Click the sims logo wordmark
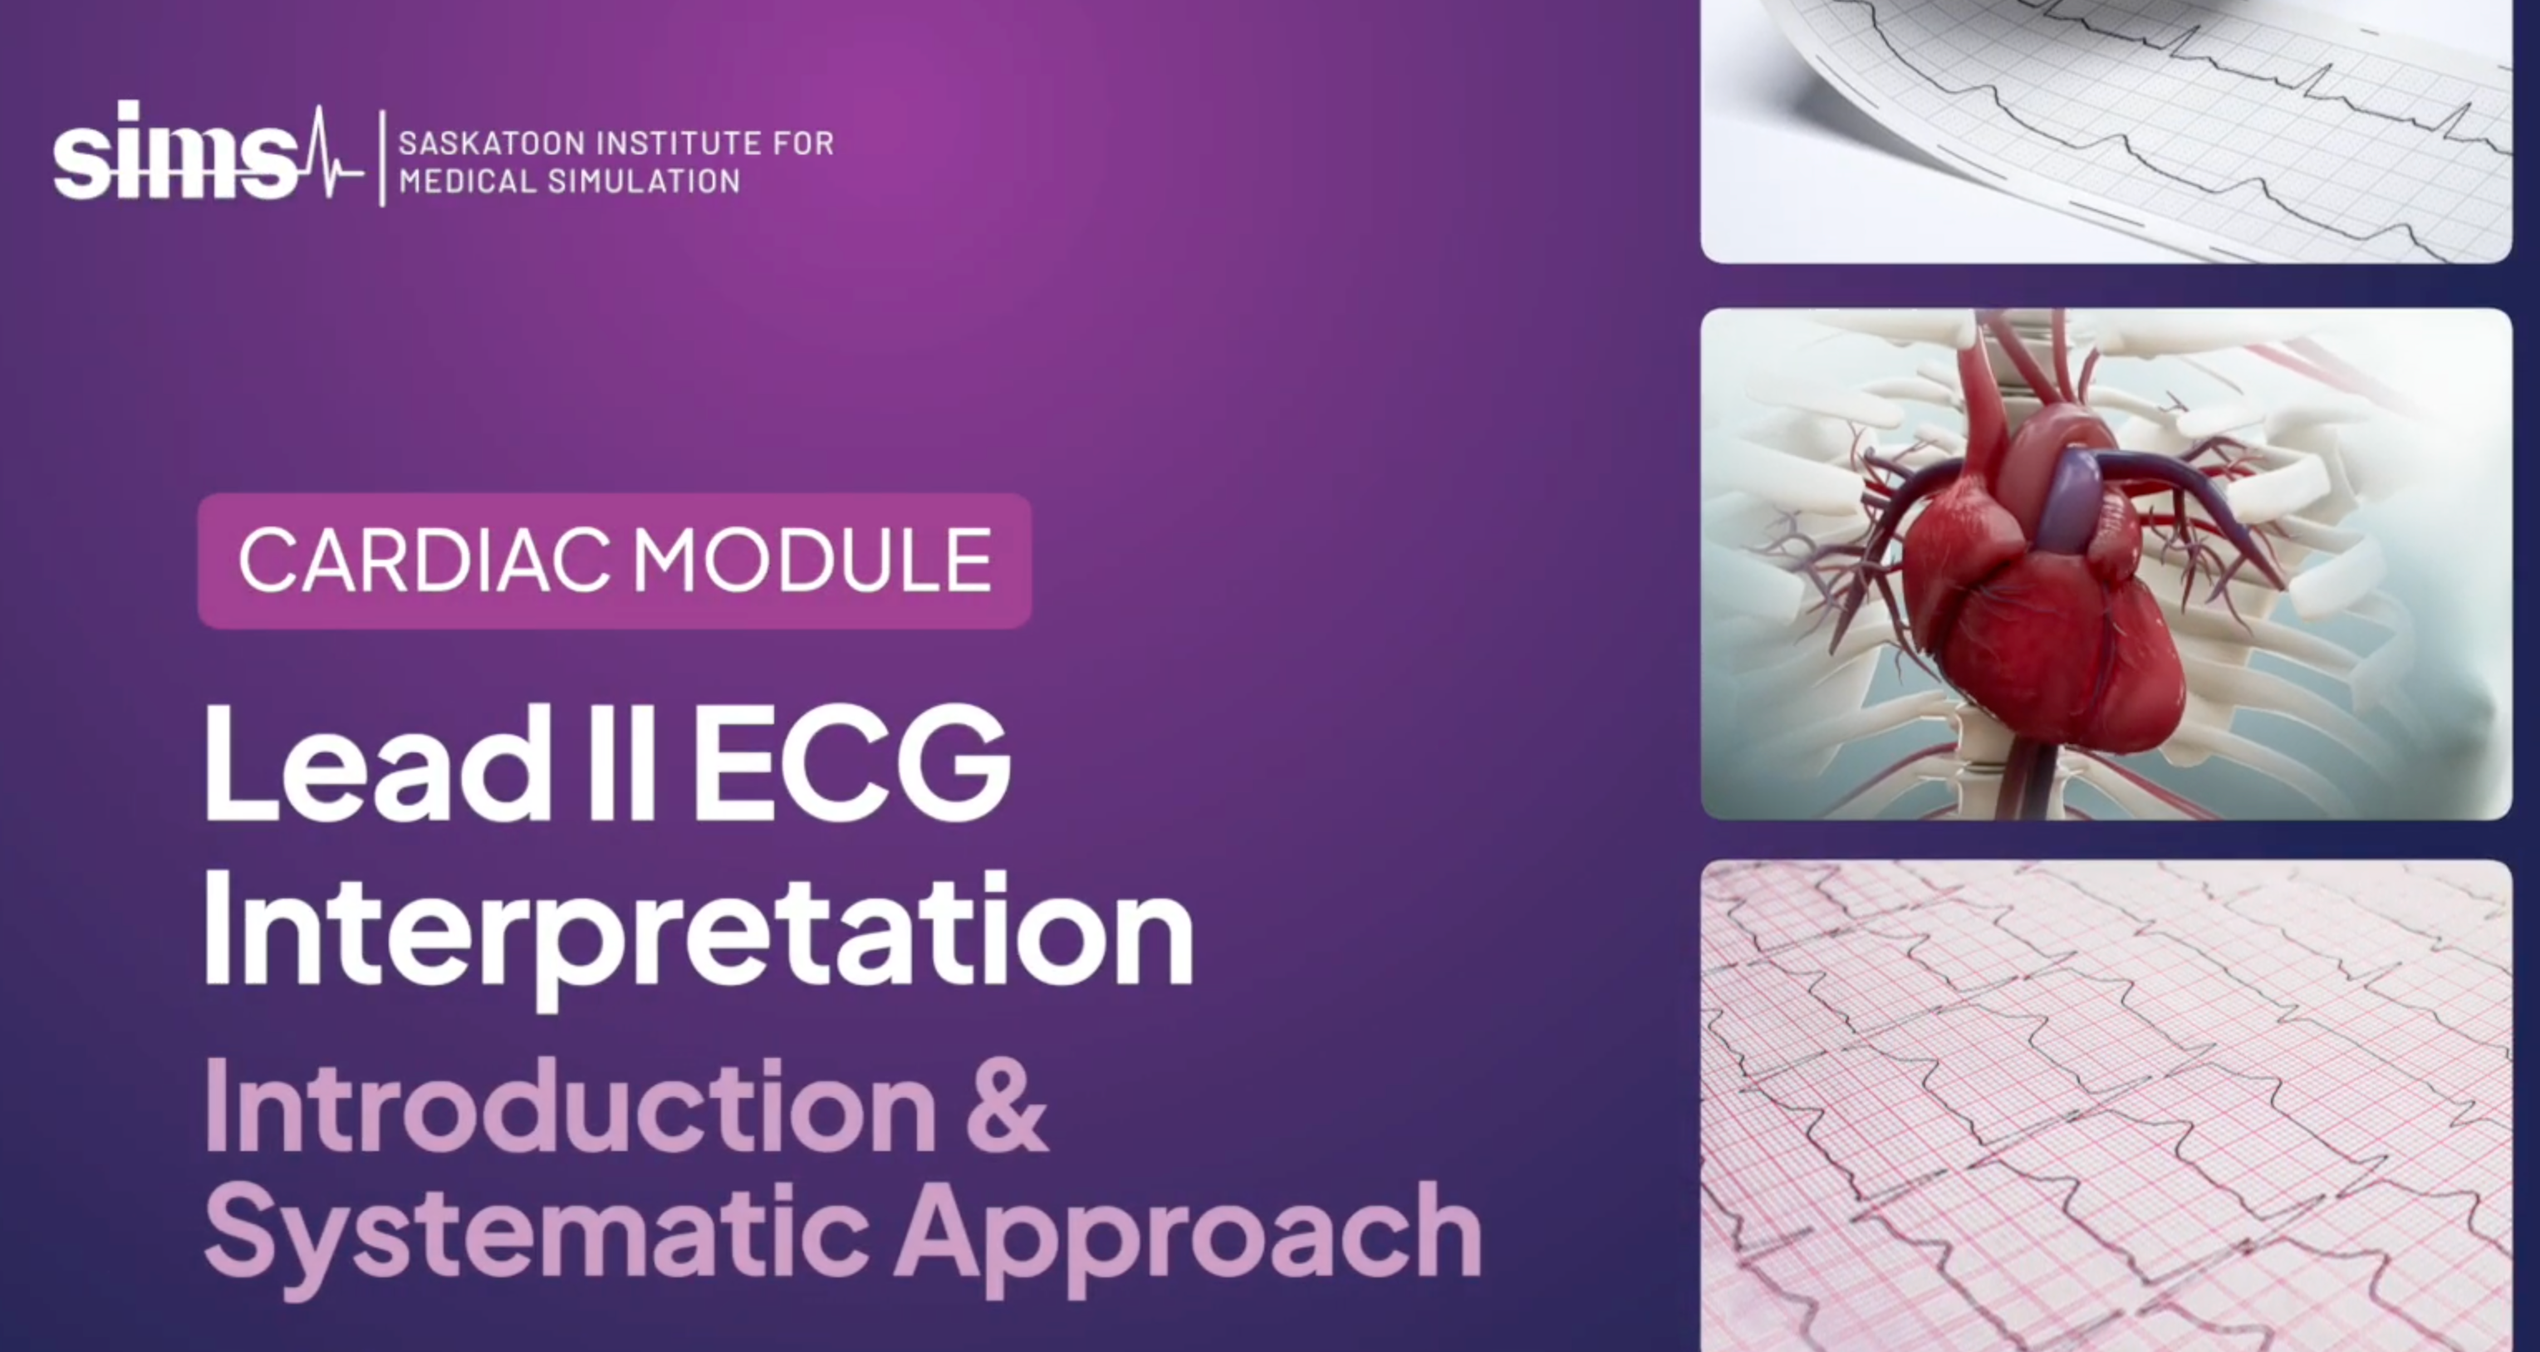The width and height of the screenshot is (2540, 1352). pyautogui.click(x=175, y=151)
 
